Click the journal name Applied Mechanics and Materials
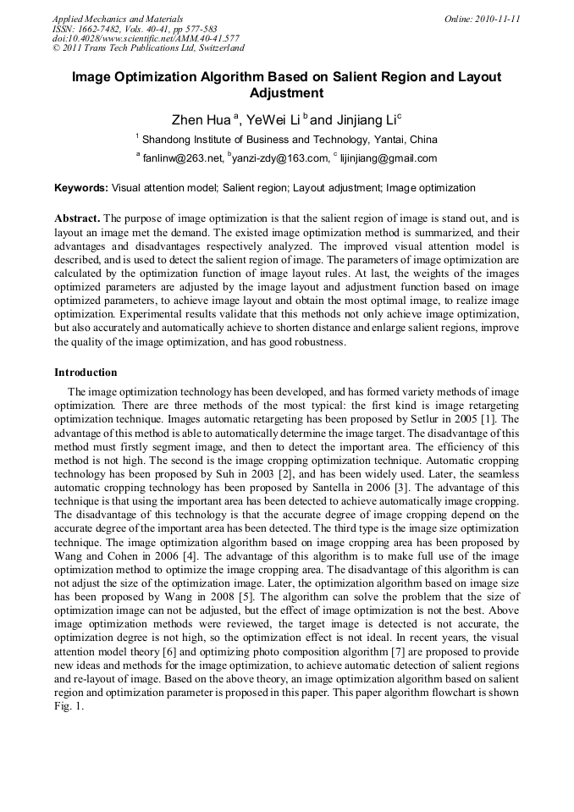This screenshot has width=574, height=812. pyautogui.click(x=118, y=18)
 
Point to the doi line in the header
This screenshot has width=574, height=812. pyautogui.click(x=146, y=38)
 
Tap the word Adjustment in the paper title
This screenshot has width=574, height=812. pyautogui.click(x=286, y=93)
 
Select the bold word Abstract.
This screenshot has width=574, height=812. pyautogui.click(x=77, y=218)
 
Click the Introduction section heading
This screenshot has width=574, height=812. pyautogui.click(x=86, y=373)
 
